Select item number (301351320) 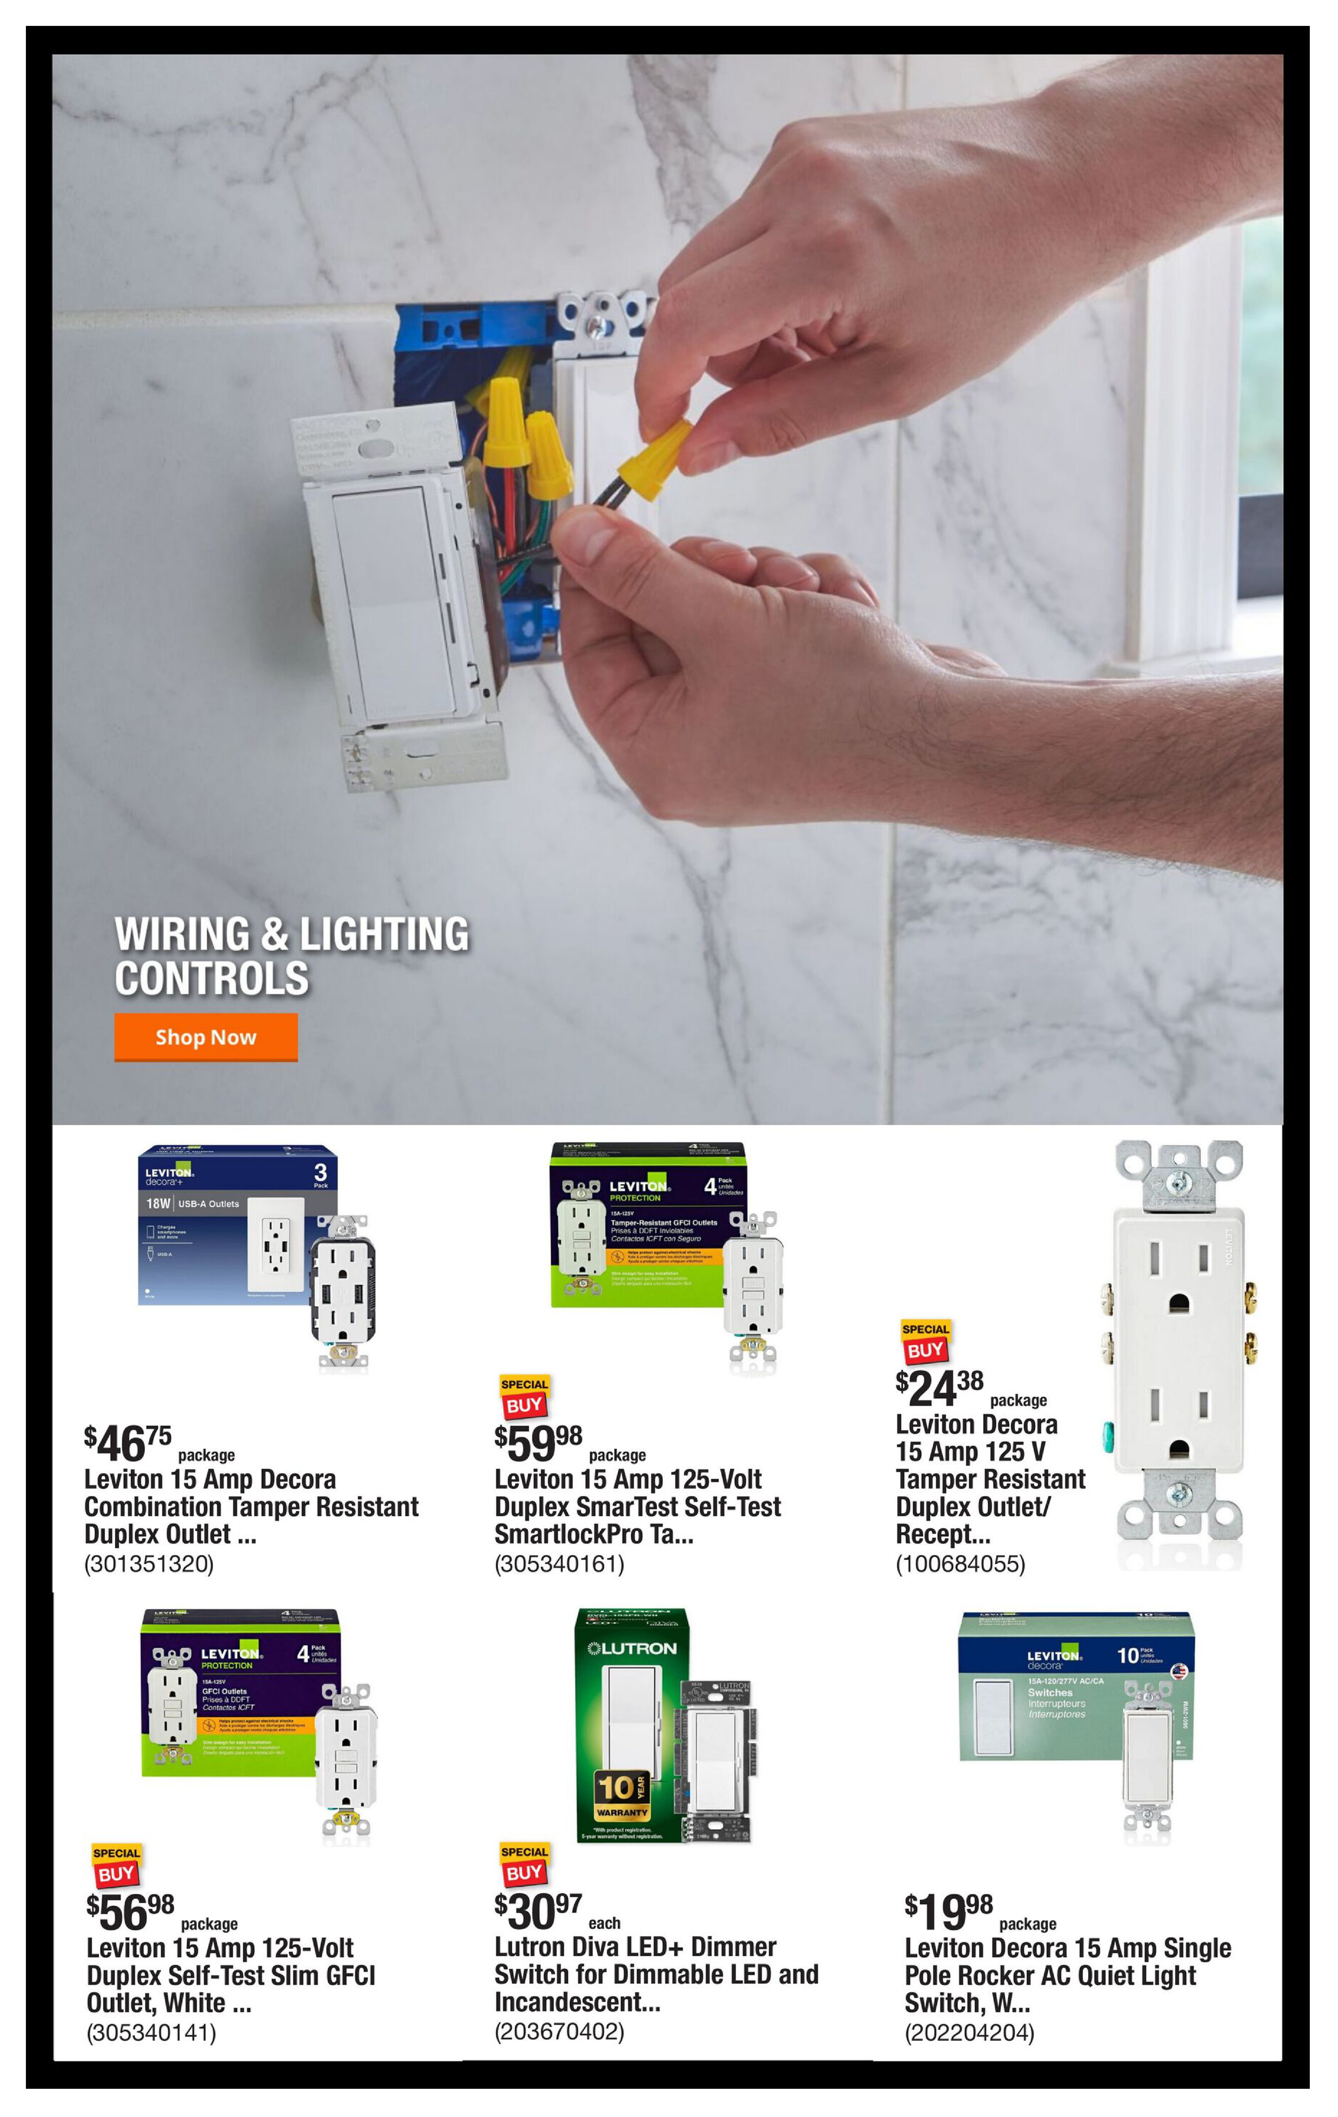coord(149,1564)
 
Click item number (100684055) coord(960,1564)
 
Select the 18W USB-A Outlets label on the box coord(193,1204)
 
